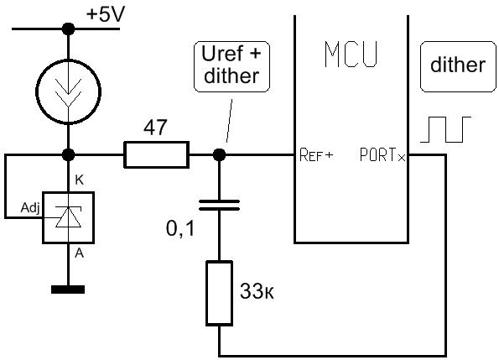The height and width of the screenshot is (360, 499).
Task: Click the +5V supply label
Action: [x=106, y=14]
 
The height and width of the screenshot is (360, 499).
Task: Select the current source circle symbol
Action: [x=37, y=91]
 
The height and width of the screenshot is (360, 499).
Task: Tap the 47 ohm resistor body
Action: [x=156, y=154]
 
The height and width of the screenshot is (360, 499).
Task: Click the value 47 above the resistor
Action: [x=155, y=128]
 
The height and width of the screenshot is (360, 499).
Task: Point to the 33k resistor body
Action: [x=219, y=293]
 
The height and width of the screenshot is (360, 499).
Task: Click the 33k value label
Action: [x=257, y=290]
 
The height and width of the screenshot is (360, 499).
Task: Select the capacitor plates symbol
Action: [x=219, y=206]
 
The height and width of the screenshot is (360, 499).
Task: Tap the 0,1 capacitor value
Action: [x=180, y=228]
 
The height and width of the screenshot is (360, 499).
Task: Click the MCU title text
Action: [x=351, y=54]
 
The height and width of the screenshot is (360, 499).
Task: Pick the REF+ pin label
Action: [x=316, y=155]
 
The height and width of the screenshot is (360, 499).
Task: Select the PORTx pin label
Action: [x=382, y=155]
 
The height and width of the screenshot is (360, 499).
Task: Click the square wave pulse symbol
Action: [x=445, y=129]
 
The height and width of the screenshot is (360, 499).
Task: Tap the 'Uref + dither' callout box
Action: [x=231, y=66]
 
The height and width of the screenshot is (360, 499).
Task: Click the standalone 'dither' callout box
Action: [x=458, y=66]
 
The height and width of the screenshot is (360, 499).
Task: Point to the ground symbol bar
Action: [x=68, y=290]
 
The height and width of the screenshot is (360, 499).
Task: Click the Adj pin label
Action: [x=30, y=208]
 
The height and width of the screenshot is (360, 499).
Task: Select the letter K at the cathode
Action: [x=79, y=180]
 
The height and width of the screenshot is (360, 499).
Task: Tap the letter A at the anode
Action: [x=79, y=253]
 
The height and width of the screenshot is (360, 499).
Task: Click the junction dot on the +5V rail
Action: [x=68, y=29]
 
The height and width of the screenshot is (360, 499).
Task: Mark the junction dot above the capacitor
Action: [x=219, y=155]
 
